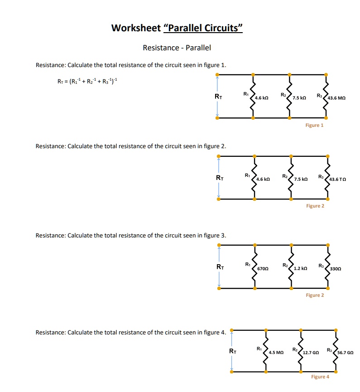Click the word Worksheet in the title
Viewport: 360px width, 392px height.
coord(135,28)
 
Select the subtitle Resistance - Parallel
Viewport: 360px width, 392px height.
coord(177,48)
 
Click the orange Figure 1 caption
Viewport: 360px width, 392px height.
coord(314,125)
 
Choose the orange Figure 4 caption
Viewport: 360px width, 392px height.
coord(320,377)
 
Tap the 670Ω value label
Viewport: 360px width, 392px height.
coord(263,269)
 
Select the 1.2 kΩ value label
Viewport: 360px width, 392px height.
coord(301,269)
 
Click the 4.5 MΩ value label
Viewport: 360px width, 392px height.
coord(276,352)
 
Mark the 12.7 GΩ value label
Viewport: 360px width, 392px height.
coord(312,352)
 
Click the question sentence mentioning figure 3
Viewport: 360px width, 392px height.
coord(130,235)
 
